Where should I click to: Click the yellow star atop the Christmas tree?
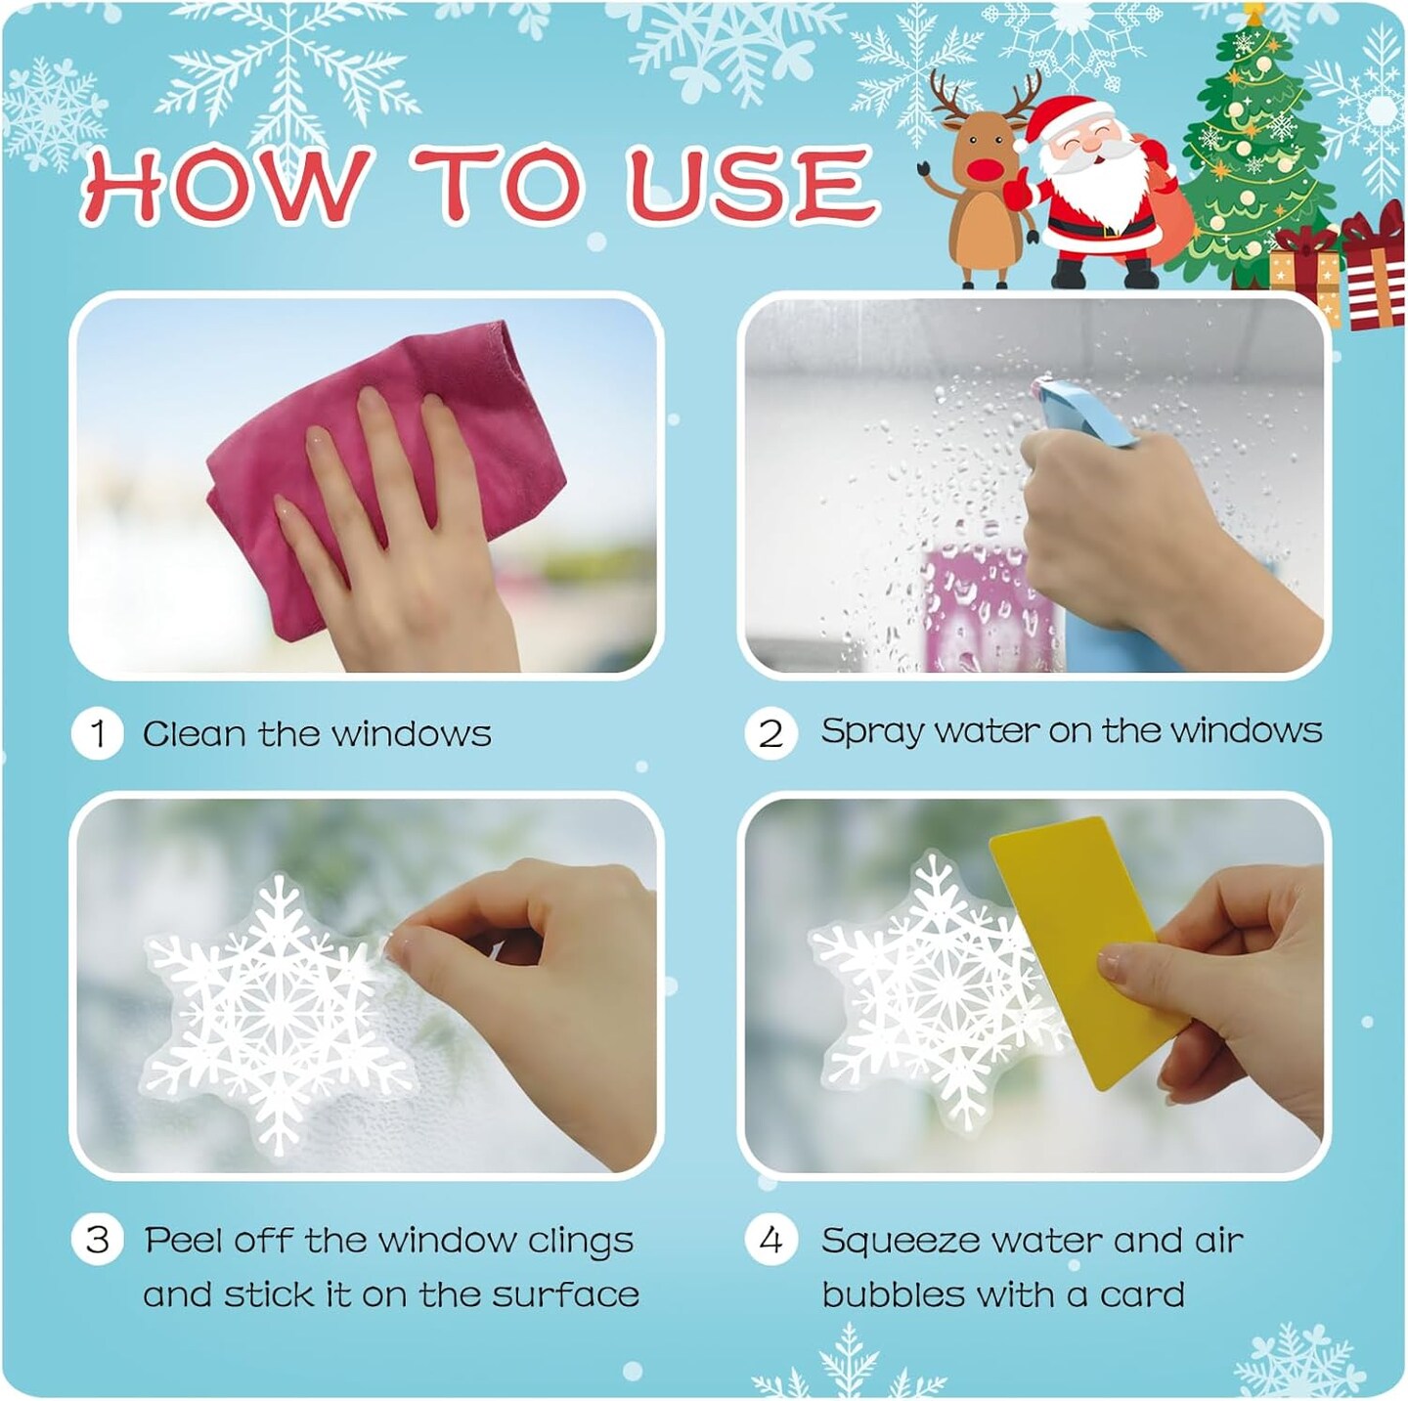pos(1254,13)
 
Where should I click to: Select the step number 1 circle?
pos(97,733)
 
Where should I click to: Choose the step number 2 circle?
pos(770,733)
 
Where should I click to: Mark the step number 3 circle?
pos(97,1240)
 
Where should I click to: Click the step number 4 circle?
pos(770,1240)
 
